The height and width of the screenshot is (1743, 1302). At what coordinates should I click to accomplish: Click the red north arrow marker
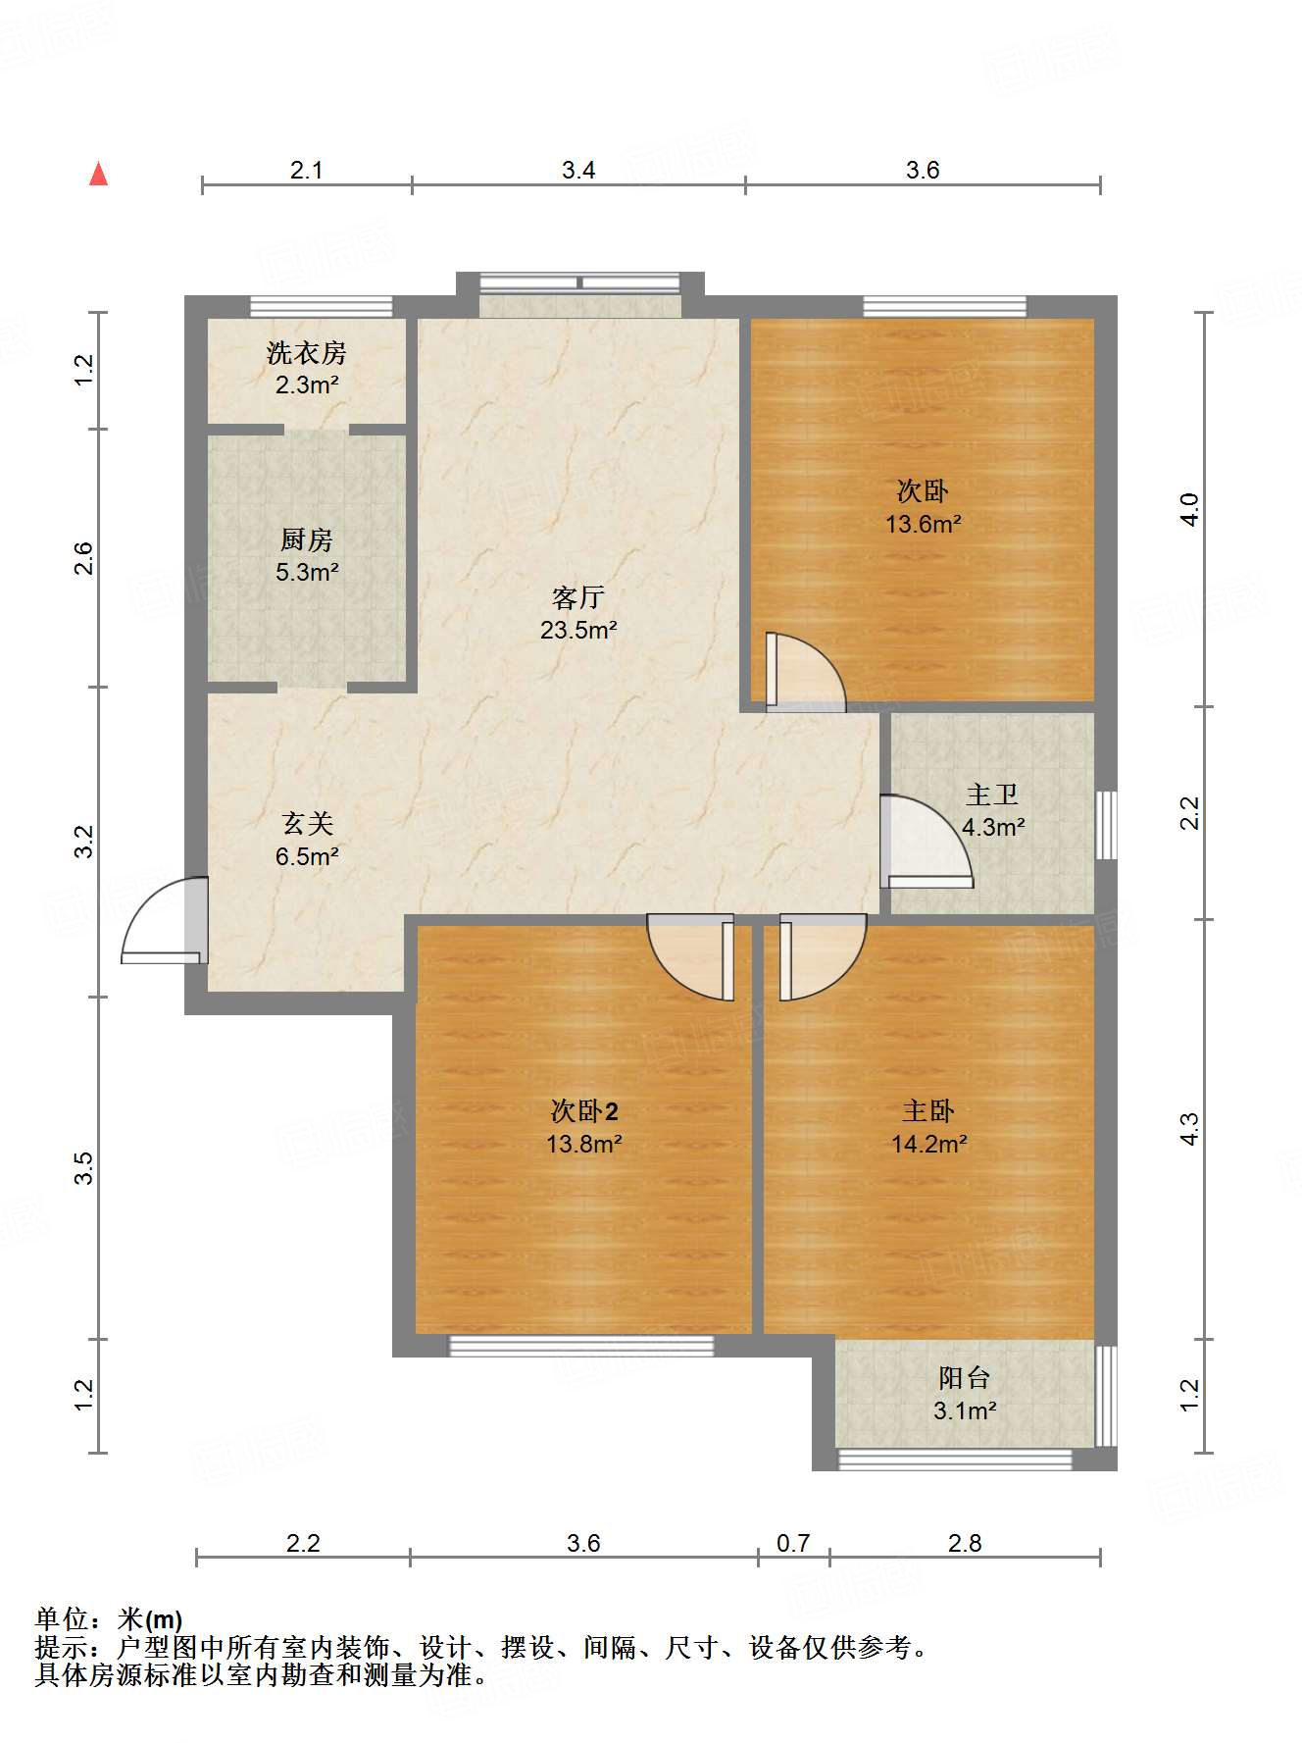click(x=98, y=174)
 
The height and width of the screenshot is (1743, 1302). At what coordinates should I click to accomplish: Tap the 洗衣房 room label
click(x=306, y=352)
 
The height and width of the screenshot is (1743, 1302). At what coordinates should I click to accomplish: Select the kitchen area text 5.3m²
click(x=307, y=572)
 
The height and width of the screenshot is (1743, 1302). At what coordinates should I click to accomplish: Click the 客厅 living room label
click(x=577, y=596)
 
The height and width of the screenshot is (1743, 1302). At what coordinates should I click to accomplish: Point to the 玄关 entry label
click(x=307, y=823)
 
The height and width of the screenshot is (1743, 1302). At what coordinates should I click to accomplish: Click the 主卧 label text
click(x=927, y=1110)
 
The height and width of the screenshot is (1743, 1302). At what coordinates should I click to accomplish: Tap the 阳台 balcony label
click(x=964, y=1378)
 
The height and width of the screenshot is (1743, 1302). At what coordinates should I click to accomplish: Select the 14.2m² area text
click(x=928, y=1144)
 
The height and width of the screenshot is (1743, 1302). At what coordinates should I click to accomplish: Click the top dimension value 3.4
click(x=578, y=170)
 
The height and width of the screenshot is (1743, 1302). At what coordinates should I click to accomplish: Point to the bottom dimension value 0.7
click(x=792, y=1543)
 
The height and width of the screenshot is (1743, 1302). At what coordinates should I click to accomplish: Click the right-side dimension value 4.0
click(x=1189, y=510)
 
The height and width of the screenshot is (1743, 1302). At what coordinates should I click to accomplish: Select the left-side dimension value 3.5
click(x=84, y=1167)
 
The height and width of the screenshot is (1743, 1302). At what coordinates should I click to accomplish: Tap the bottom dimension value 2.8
click(x=964, y=1543)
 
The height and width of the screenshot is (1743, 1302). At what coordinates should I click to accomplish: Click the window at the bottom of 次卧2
click(x=581, y=1346)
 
